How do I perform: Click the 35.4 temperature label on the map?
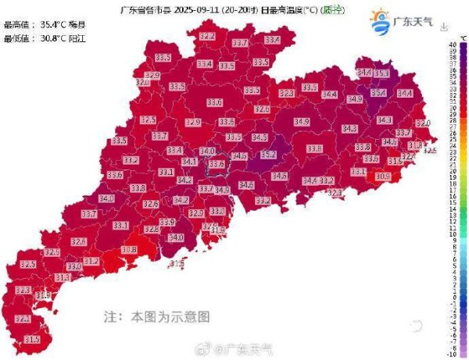pyautogui.click(x=378, y=92)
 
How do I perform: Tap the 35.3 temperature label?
pyautogui.click(x=382, y=73)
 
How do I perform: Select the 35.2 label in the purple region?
pyautogui.click(x=268, y=155)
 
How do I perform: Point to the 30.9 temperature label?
pyautogui.click(x=382, y=176)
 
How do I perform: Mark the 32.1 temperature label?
pyautogui.click(x=143, y=82)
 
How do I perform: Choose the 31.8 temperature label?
pyautogui.click(x=415, y=146)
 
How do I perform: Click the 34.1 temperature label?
pyautogui.click(x=189, y=162)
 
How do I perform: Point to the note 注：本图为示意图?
pyautogui.click(x=157, y=318)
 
